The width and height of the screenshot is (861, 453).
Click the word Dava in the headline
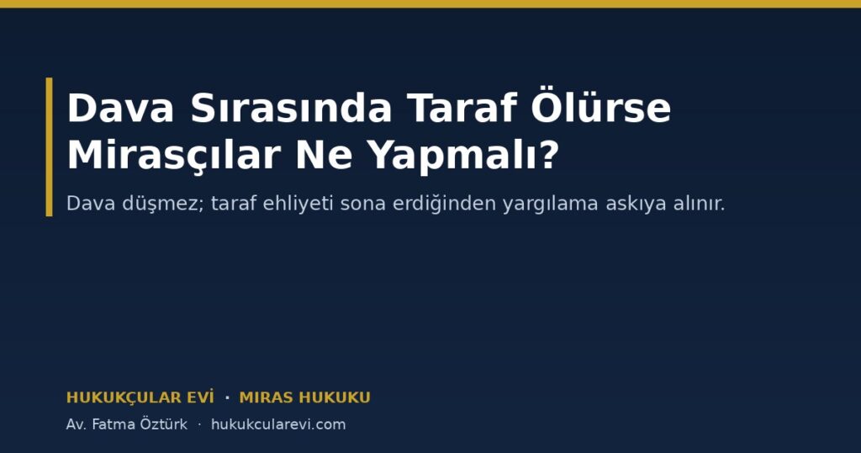coord(120,108)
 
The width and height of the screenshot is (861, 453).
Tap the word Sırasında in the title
coord(291,108)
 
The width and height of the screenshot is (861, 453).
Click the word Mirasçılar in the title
coord(174,155)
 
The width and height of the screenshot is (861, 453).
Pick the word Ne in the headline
coord(324,155)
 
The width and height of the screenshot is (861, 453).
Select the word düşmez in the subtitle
coord(162,204)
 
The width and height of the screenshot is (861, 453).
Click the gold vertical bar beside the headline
coord(50,147)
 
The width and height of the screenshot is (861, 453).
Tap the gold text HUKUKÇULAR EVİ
coord(140,397)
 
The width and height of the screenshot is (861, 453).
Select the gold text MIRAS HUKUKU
coord(304,397)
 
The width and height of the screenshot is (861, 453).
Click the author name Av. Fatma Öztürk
coord(127,424)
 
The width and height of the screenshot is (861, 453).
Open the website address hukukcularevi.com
coord(278,424)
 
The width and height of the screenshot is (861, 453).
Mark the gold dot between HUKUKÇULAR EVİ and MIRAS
coord(227,397)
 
